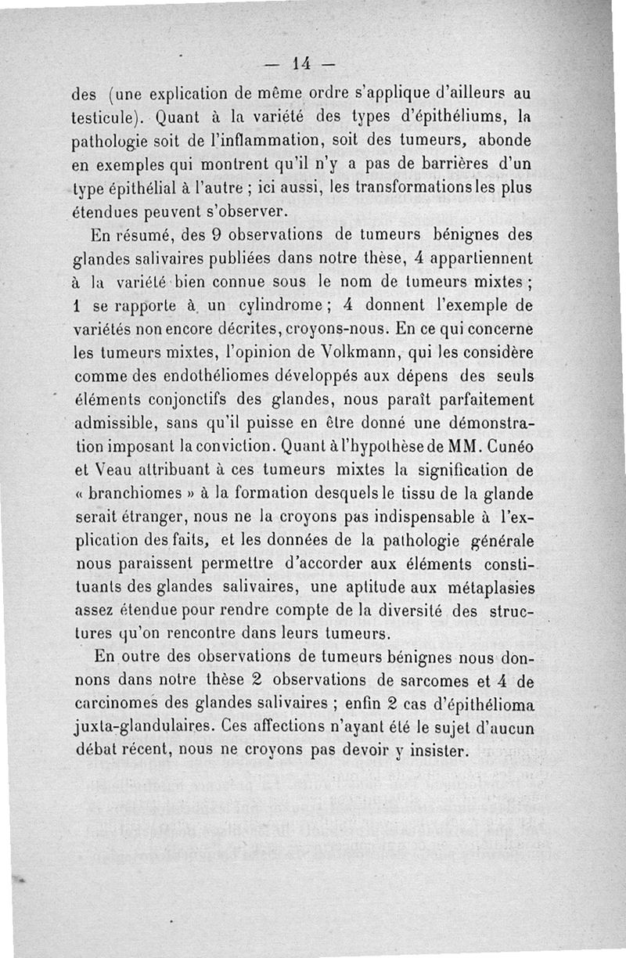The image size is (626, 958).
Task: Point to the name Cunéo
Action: (509, 448)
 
